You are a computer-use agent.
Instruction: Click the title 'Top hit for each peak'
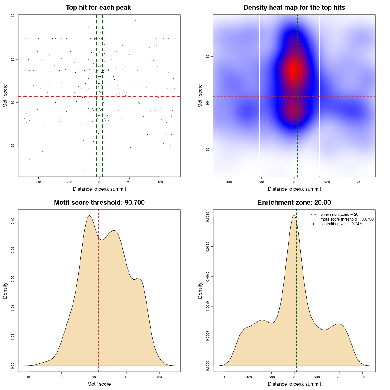(98, 8)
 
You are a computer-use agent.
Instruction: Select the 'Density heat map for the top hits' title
(294, 8)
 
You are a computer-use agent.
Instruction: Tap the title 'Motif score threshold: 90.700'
(99, 203)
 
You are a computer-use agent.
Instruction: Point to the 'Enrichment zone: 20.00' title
(294, 203)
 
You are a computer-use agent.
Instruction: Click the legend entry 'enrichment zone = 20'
(339, 214)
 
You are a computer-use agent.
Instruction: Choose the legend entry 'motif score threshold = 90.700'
(347, 219)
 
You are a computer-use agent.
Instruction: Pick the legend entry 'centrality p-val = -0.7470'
(342, 224)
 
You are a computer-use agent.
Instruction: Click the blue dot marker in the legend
(314, 224)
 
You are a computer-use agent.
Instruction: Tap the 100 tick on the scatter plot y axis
(13, 16)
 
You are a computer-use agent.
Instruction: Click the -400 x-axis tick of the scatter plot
(38, 182)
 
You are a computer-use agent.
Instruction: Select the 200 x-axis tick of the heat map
(327, 182)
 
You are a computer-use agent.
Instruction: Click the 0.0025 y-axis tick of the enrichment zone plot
(208, 217)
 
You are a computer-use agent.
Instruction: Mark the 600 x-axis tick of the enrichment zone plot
(363, 377)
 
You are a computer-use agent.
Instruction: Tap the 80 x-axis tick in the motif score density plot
(29, 377)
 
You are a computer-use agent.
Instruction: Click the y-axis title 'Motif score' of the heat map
(200, 96)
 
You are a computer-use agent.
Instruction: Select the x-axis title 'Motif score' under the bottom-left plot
(99, 384)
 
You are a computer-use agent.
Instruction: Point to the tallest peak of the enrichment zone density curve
(294, 216)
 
